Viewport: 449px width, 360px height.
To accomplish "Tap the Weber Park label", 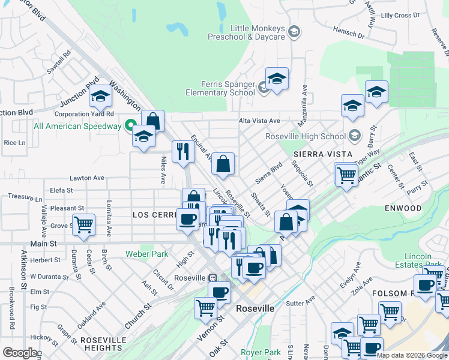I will coord(147,254).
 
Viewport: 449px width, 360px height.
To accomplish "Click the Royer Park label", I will coord(261,352).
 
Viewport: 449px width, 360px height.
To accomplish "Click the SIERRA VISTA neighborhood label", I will coord(317,154).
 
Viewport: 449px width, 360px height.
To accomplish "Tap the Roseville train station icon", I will coord(212,278).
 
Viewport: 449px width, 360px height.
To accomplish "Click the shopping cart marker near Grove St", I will coord(83,225).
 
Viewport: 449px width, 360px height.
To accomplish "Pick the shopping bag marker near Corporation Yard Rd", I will coord(153,121).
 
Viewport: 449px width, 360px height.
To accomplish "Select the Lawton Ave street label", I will coord(87,178).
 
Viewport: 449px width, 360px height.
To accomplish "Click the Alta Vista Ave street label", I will coord(259,121).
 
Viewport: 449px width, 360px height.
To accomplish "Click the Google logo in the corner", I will coord(20,353).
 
